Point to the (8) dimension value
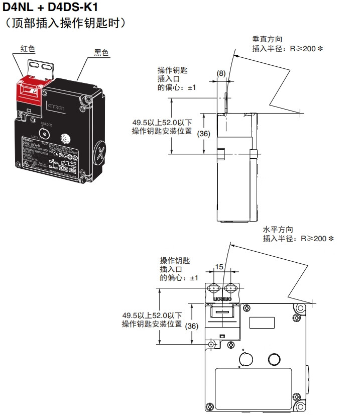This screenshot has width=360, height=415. (221, 73)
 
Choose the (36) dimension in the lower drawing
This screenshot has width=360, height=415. (192, 326)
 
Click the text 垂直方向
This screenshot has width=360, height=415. (267, 39)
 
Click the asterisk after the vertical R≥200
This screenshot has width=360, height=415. (319, 49)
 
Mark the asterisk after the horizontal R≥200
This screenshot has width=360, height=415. (330, 239)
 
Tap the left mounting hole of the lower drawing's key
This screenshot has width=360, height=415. (213, 288)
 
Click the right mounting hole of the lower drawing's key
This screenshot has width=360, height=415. (232, 288)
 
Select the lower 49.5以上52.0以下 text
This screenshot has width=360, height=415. (145, 315)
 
